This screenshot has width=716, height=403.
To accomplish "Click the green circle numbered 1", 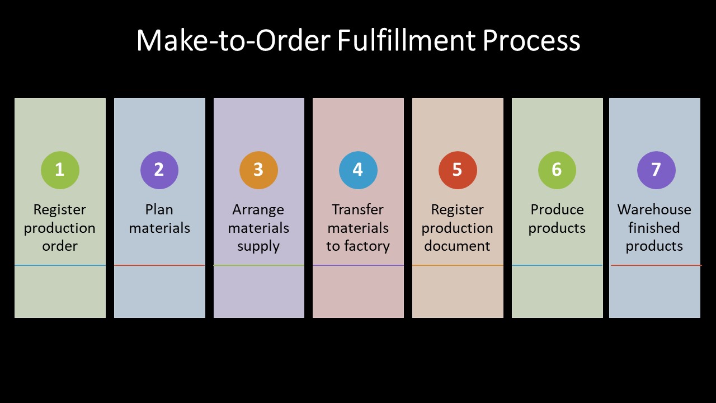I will [60, 170].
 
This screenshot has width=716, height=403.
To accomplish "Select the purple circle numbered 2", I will [159, 170].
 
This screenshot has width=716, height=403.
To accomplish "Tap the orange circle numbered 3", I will [258, 170].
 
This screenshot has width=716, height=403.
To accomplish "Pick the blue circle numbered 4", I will [358, 170].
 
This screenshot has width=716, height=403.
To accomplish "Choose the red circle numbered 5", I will [458, 170].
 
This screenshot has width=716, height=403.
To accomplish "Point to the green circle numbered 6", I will [557, 170].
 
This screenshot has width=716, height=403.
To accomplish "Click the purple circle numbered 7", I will [656, 170].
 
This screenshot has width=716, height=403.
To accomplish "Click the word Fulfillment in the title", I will [406, 41].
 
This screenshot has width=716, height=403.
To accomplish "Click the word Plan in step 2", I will [159, 210].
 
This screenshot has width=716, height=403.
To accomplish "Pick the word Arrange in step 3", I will [258, 210].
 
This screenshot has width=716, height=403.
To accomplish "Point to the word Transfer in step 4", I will [358, 210].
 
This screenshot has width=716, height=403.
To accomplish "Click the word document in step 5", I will [458, 246].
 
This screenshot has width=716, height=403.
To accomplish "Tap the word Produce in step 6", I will [557, 210].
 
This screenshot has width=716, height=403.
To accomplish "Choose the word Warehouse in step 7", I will [654, 210].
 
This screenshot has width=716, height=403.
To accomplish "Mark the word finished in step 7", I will [654, 228].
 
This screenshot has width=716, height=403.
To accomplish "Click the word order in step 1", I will [60, 246].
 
